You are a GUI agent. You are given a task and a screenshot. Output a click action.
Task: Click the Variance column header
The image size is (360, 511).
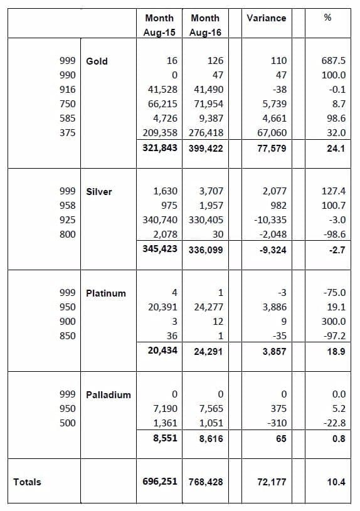tap(266, 18)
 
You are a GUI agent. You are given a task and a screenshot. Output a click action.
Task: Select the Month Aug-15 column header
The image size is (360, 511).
tap(159, 25)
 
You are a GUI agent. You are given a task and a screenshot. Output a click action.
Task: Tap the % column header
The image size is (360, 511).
tap(328, 18)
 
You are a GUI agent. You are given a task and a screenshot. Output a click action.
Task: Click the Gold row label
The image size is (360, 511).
tap(97, 61)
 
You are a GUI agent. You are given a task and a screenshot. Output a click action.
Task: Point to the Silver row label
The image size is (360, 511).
tap(99, 192)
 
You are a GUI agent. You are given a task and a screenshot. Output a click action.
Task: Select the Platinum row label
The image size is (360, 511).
tap(105, 293)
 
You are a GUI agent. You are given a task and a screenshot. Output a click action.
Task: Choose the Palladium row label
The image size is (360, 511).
tap(109, 395)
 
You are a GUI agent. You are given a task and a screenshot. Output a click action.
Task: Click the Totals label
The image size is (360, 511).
tap(27, 482)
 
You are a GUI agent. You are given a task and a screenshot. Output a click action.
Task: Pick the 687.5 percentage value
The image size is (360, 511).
tap(333, 61)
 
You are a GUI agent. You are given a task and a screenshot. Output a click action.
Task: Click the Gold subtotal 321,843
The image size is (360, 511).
tap(160, 148)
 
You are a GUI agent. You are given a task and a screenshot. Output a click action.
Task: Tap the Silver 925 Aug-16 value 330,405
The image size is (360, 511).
tap(206, 220)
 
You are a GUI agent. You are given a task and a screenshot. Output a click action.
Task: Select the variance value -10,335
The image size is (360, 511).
tap(270, 220)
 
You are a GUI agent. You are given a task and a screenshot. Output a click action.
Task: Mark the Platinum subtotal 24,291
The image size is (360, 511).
tap(208, 352)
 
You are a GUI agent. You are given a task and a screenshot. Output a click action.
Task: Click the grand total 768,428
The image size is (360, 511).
tap(206, 482)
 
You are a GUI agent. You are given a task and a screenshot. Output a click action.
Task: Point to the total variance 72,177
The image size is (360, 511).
tap(272, 482)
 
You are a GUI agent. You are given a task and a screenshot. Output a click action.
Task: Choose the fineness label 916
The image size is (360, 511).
tap(68, 90)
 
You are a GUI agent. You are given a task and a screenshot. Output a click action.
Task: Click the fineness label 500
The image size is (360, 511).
tap(68, 423)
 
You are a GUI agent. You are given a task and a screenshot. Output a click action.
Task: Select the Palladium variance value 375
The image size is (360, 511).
tap(278, 409)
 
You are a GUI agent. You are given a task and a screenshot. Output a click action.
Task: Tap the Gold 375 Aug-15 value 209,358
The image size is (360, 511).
tap(160, 133)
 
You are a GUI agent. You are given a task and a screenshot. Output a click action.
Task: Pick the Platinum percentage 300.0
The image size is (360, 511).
tap(334, 322)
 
